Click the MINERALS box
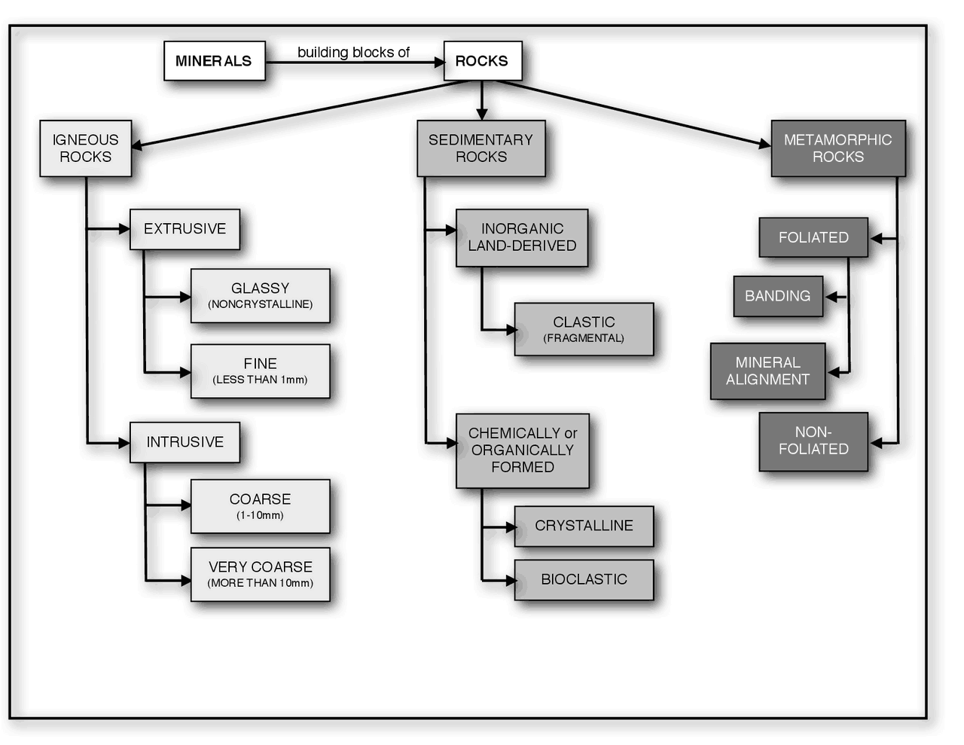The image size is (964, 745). coord(215,61)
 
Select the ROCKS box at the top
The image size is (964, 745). coord(482,61)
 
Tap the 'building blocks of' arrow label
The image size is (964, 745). coord(353,52)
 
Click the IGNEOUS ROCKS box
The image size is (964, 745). coord(86,148)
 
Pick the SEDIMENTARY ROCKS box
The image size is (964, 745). coord(481,148)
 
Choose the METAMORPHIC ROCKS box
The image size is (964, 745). coord(837,148)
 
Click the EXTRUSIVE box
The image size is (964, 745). coord(185,229)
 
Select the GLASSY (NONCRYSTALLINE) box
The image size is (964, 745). coord(260,295)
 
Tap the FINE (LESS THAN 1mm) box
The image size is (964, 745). coord(260,371)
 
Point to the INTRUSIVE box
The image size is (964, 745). coord(185,442)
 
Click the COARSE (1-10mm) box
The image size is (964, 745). coord(260,506)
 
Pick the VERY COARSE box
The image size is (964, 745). coord(260,574)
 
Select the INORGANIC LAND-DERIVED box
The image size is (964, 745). coord(522,237)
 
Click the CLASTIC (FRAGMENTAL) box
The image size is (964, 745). coord(584,329)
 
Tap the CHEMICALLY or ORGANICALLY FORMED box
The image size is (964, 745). coord(522,450)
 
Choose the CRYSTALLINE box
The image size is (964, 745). coord(584,526)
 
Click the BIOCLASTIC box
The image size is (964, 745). coord(584,579)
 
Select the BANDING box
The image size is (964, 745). coord(778,296)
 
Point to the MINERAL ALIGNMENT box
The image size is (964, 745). coord(767,371)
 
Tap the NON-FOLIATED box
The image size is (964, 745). coord(813,441)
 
